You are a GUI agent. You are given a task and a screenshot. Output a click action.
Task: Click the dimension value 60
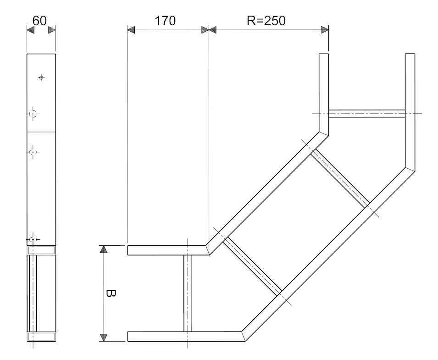click(39, 21)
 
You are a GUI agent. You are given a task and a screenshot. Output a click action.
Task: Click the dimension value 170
click(165, 21)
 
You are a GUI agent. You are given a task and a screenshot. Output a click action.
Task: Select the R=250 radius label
click(266, 21)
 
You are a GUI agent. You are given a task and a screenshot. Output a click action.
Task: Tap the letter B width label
click(111, 293)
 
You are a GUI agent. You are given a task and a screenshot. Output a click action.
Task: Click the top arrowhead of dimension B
click(104, 249)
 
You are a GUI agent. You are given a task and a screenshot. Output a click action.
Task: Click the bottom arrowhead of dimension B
click(104, 338)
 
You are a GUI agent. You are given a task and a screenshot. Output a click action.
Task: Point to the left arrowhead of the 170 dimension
click(131, 30)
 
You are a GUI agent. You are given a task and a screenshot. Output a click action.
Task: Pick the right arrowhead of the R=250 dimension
click(325, 30)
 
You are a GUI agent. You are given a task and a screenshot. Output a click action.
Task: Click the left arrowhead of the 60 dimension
click(30, 30)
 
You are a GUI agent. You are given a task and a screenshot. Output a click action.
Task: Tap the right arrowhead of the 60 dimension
click(52, 30)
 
